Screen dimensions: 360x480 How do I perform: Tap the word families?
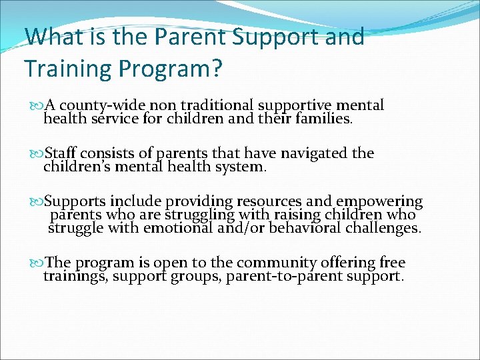325,120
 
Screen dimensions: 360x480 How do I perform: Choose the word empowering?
379,201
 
